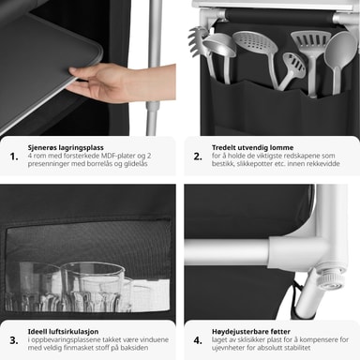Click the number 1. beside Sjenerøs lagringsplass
tap(14, 157)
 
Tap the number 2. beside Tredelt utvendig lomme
tap(198, 157)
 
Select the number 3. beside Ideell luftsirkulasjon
tap(14, 340)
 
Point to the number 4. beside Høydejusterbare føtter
tap(198, 340)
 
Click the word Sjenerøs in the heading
tap(41, 147)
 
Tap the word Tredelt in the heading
tap(224, 147)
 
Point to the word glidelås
tap(135, 164)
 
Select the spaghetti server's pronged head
tap(196, 40)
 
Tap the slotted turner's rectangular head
tap(310, 42)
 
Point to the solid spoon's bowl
tap(340, 50)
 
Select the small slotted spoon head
tap(293, 65)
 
